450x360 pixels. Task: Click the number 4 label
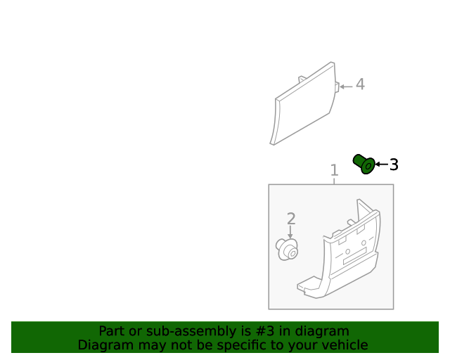tap(360, 84)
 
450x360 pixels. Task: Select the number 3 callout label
tap(394, 165)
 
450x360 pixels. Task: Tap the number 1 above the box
tap(334, 170)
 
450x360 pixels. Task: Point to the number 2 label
tap(290, 219)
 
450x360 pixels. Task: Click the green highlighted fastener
tap(364, 165)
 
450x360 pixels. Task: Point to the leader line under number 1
tap(334, 181)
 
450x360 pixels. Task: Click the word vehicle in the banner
tap(345, 345)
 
